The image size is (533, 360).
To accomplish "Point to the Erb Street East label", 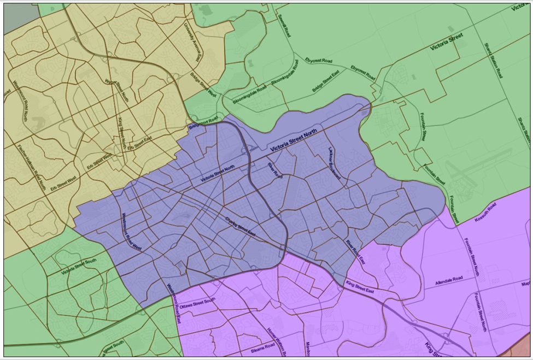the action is pos(142,142).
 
